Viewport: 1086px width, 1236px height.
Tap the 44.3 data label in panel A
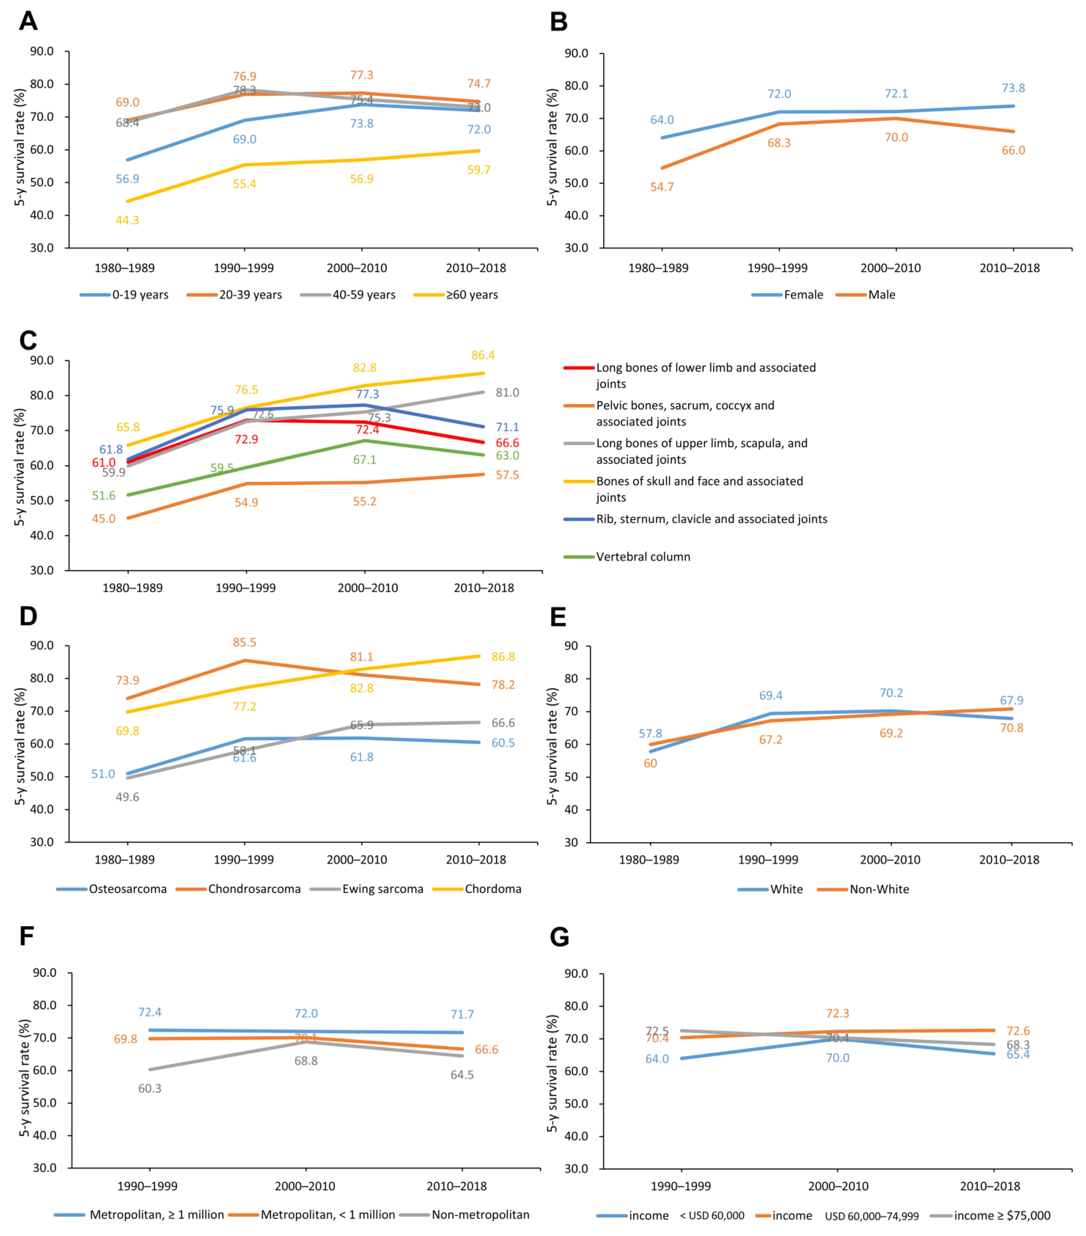[x=128, y=220]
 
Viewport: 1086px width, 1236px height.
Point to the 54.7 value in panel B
[x=662, y=187]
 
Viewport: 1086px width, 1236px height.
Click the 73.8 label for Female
[x=1013, y=88]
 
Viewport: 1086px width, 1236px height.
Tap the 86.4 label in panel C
[x=483, y=355]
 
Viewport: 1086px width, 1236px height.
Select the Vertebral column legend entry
[x=643, y=556]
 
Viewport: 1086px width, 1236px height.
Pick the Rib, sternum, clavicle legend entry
[x=711, y=519]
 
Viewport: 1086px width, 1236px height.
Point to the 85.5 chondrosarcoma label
[x=245, y=642]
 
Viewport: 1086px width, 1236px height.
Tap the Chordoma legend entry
[x=492, y=889]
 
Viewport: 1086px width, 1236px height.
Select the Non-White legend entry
[x=879, y=889]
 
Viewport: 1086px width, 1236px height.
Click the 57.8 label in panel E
[x=650, y=733]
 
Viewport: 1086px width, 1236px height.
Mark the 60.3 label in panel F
[x=150, y=1088]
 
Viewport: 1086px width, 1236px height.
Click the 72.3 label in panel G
[x=838, y=1014]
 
